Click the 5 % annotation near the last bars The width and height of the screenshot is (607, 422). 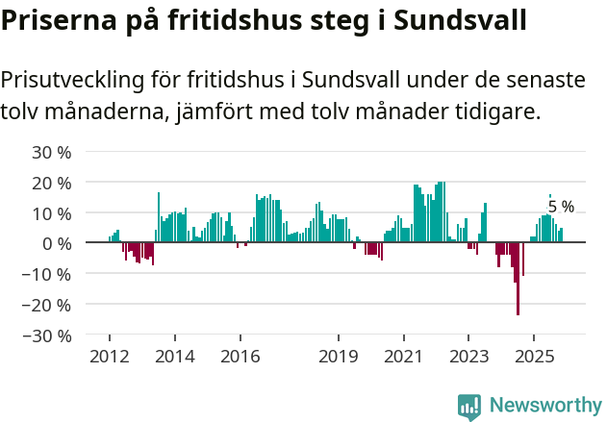[561, 207]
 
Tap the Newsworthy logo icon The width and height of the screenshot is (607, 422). [469, 406]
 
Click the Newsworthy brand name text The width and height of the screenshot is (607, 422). [544, 406]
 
